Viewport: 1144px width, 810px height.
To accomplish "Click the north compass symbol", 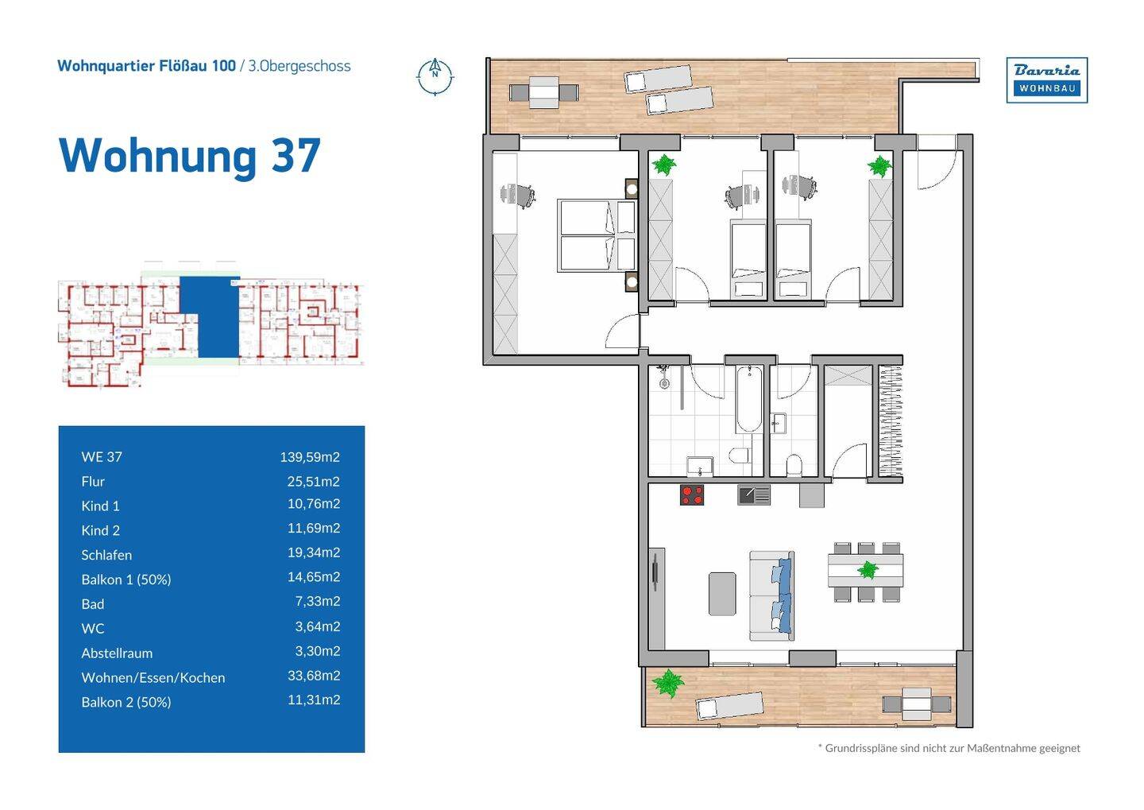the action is point(435,76).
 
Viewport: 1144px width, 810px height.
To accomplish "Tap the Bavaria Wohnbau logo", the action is point(1047,80).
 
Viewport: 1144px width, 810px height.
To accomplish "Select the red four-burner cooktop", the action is point(692,494).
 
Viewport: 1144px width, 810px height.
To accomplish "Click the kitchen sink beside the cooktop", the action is point(754,494).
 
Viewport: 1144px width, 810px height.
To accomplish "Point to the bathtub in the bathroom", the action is point(749,399).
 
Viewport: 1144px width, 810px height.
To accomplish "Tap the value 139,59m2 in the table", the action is point(310,457).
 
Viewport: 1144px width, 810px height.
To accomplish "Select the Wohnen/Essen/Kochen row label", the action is point(153,677).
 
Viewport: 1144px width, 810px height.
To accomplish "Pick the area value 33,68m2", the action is point(314,676).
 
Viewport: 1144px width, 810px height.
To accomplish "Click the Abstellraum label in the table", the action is point(117,653).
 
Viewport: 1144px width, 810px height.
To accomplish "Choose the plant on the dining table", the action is point(868,570).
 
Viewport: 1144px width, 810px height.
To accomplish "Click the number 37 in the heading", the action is point(296,155).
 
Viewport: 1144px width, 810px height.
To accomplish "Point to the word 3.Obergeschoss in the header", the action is point(300,66).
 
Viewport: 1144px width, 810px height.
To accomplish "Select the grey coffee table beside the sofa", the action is point(723,594).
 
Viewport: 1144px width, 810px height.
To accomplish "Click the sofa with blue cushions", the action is point(771,596).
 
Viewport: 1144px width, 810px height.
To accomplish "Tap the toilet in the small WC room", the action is point(794,464).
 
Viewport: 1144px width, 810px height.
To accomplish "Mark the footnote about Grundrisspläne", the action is point(949,748).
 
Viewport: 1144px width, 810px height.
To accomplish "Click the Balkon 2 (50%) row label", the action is point(126,702).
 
